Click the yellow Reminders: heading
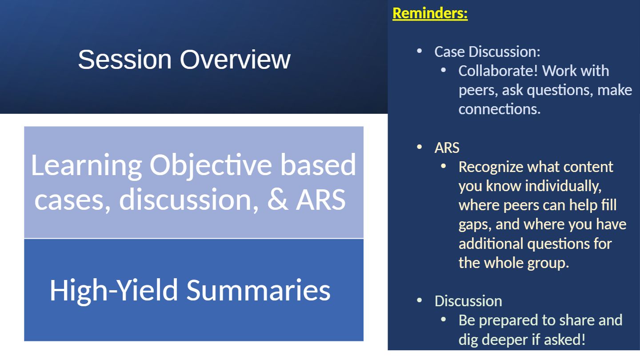430,13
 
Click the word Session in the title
124,60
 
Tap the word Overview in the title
235,60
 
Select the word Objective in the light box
211,166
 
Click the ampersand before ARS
277,200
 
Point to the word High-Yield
114,290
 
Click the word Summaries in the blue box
259,290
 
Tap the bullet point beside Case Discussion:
420,51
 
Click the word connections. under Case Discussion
500,109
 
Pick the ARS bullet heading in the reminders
447,148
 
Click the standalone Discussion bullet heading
468,301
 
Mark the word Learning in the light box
87,166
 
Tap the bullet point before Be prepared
444,319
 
